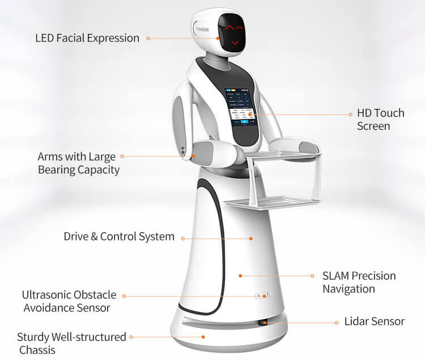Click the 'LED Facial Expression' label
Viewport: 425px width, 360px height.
coord(87,39)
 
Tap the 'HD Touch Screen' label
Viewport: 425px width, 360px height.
coord(380,119)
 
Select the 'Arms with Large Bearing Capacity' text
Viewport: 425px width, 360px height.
coord(78,163)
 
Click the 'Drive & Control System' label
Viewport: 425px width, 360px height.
coord(119,236)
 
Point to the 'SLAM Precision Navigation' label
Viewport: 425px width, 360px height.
coord(359,282)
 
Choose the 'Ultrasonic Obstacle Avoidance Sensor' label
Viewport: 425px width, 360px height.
coord(69,302)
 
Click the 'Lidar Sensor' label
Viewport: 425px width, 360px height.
coord(375,321)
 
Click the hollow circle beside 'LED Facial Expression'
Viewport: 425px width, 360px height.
coord(148,39)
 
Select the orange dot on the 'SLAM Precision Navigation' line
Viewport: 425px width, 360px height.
coord(240,276)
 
